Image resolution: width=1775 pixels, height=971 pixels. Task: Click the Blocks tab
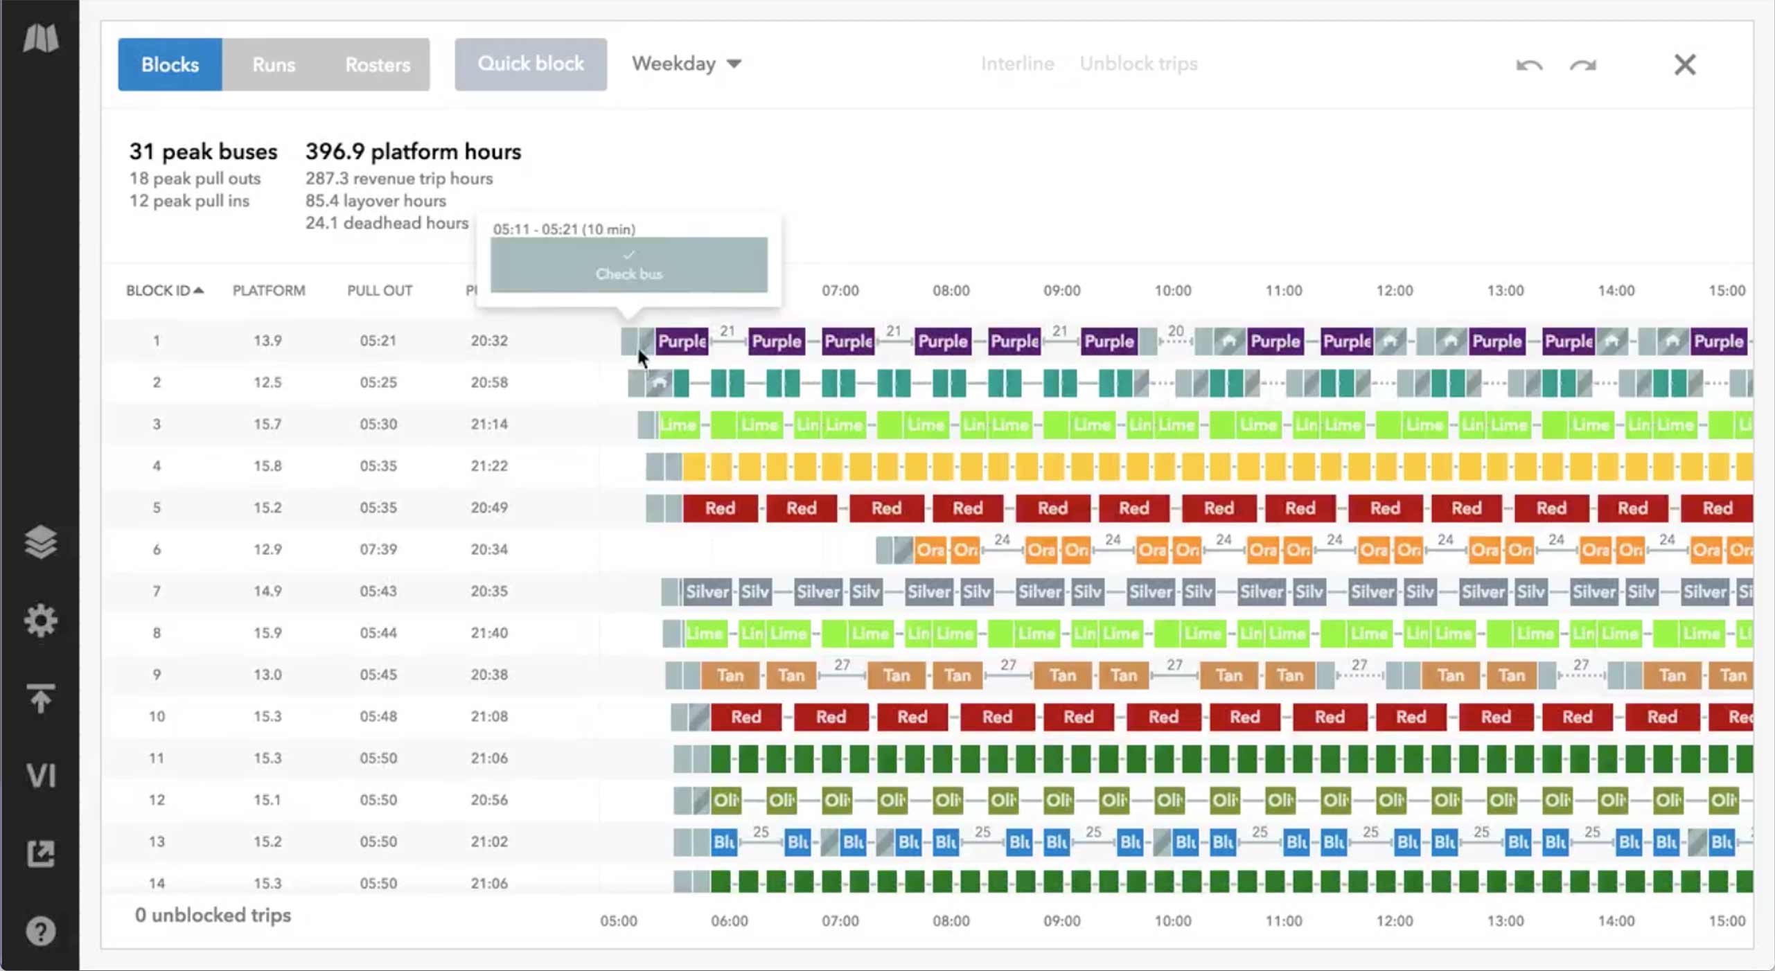click(170, 64)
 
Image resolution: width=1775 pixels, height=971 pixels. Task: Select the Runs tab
click(274, 64)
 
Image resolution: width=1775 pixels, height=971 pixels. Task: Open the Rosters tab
click(378, 64)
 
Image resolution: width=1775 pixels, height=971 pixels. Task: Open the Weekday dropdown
click(686, 64)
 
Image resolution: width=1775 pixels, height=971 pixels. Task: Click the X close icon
click(1685, 65)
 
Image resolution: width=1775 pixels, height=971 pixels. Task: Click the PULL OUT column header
click(380, 290)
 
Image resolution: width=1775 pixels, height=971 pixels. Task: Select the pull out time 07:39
click(378, 549)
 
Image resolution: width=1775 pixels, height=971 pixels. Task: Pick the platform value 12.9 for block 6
click(267, 549)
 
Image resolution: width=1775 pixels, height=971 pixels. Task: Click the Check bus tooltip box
click(628, 265)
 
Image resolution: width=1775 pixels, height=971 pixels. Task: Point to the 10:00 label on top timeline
click(1172, 290)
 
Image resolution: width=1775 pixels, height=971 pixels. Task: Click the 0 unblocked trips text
click(213, 915)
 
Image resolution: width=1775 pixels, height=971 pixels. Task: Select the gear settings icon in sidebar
click(41, 620)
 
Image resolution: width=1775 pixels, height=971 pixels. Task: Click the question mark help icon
click(41, 932)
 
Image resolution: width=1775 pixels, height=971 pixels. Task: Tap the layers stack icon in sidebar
click(41, 542)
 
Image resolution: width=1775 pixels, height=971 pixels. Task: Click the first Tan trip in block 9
click(730, 675)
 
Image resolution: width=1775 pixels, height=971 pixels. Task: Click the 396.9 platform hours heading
click(413, 152)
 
